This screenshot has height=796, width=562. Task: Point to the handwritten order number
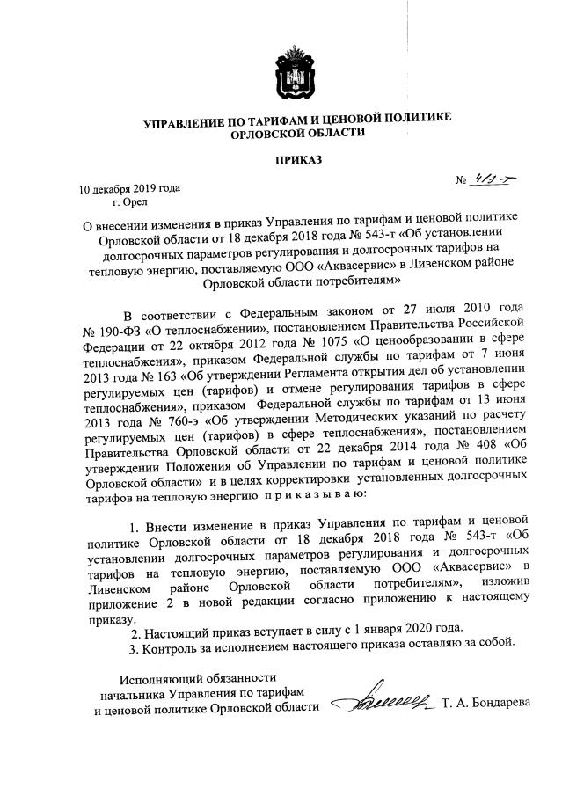pyautogui.click(x=497, y=181)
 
